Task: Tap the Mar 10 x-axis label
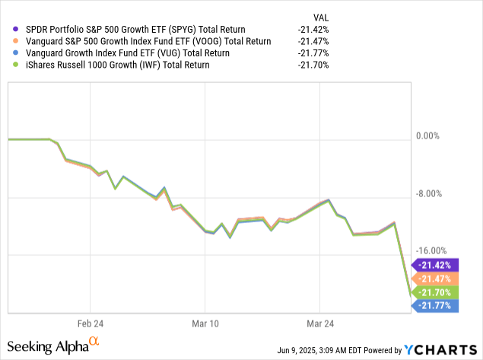(205, 322)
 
